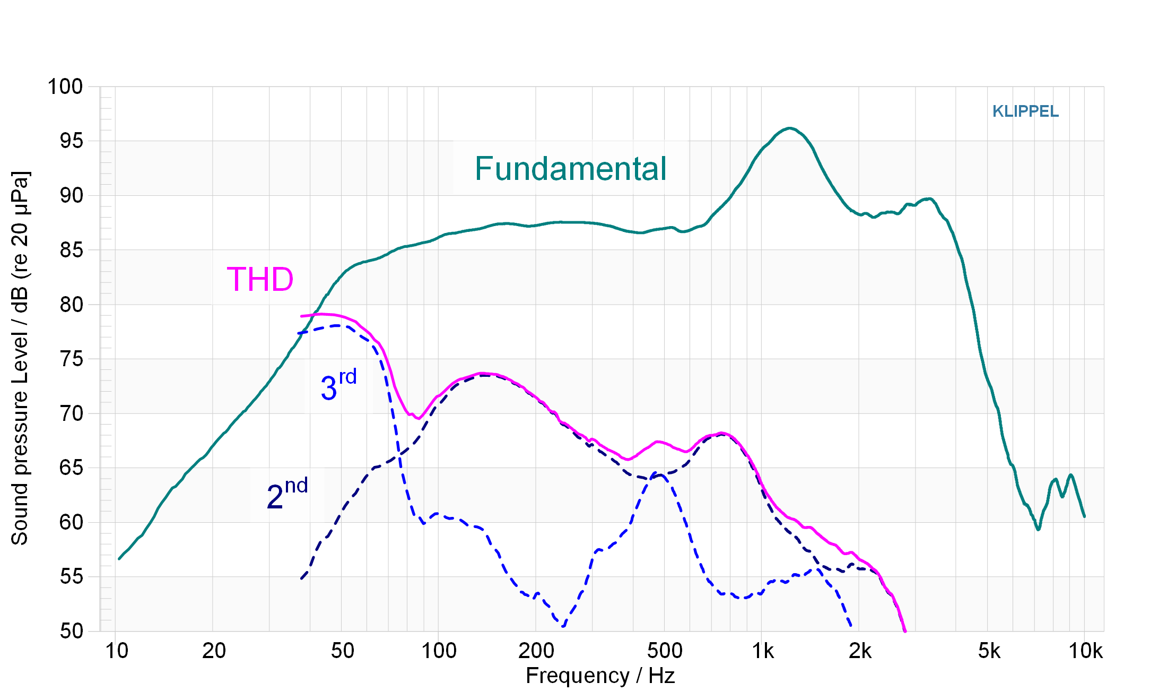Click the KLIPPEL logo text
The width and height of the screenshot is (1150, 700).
[1025, 111]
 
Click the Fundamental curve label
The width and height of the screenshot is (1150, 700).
[570, 169]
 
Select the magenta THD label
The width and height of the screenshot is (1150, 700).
[260, 279]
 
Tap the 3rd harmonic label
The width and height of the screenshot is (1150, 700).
[338, 385]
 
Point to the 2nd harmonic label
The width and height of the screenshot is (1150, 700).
[286, 494]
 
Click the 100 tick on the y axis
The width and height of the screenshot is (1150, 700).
[65, 87]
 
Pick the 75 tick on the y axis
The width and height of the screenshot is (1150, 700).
[72, 359]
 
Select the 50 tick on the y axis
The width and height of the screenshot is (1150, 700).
[72, 631]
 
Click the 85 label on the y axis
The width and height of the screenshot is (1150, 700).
[72, 250]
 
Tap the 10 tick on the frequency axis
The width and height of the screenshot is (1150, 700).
[117, 651]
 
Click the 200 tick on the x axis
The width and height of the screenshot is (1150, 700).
[536, 651]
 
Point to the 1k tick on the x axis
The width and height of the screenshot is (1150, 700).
[763, 651]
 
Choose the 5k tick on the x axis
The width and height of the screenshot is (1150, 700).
[989, 651]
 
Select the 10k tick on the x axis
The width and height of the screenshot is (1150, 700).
[1085, 651]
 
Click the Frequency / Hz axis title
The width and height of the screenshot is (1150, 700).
[600, 676]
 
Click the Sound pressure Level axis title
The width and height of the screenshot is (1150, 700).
[20, 358]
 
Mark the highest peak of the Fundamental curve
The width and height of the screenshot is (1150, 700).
[789, 128]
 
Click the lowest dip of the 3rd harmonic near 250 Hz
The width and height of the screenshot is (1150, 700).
[562, 626]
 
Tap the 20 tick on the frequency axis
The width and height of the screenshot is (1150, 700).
[214, 651]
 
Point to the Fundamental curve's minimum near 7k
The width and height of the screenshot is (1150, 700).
[1038, 529]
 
